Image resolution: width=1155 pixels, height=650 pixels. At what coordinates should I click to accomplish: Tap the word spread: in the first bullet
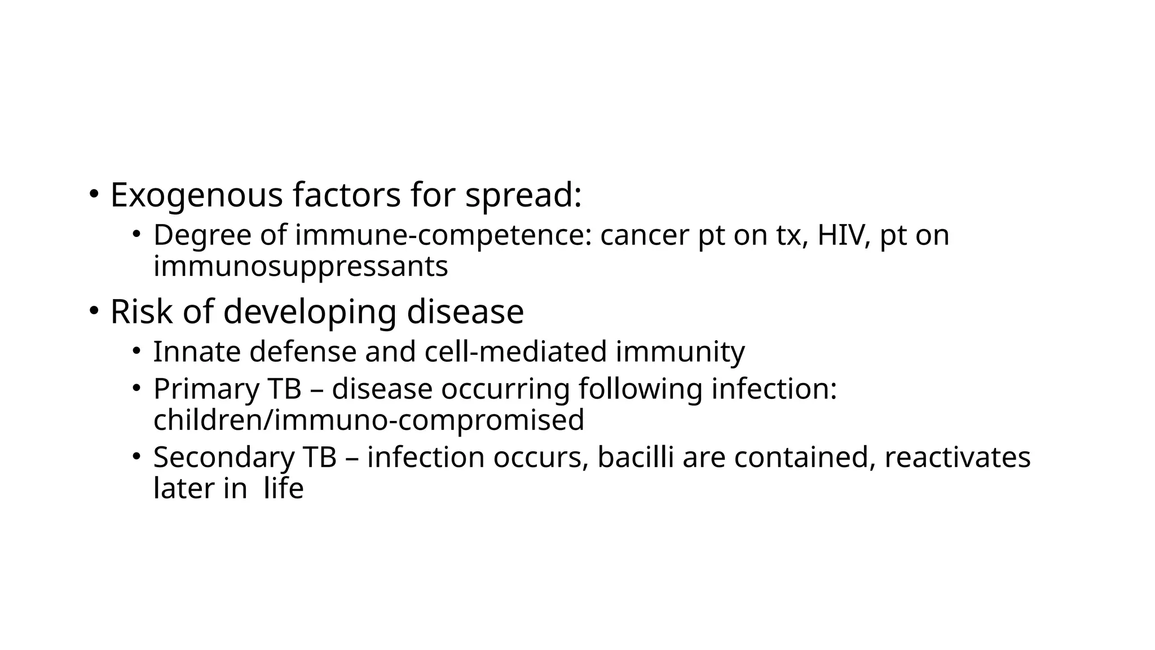pyautogui.click(x=523, y=196)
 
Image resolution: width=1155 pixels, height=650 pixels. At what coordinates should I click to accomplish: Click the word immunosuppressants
pyautogui.click(x=301, y=266)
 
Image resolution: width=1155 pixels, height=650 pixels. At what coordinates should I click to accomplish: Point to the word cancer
pyautogui.click(x=645, y=235)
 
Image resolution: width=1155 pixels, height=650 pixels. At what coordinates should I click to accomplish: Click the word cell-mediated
pyautogui.click(x=515, y=352)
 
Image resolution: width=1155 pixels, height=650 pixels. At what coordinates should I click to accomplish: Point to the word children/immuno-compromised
pyautogui.click(x=368, y=420)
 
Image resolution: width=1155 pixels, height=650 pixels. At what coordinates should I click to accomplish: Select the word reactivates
pyautogui.click(x=957, y=457)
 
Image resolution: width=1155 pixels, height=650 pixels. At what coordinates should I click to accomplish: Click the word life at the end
pyautogui.click(x=284, y=488)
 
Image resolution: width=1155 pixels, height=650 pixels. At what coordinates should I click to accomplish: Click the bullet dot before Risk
pyautogui.click(x=94, y=311)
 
